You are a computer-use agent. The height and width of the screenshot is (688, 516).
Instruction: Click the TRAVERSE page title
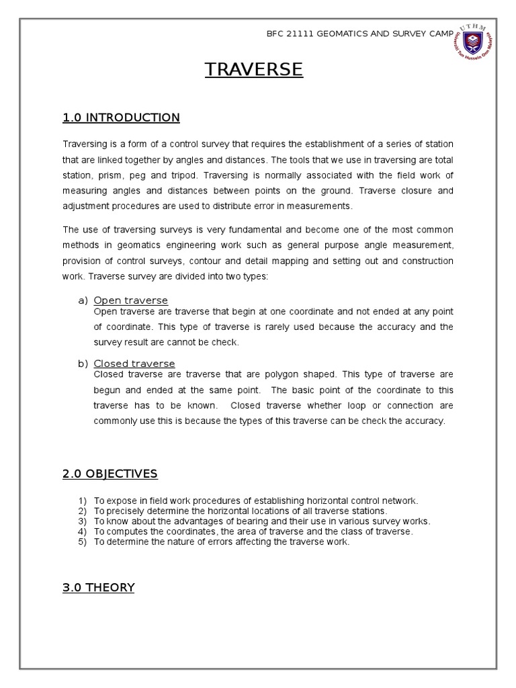coord(254,69)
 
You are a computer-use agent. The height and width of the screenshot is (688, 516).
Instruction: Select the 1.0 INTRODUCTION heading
coord(121,118)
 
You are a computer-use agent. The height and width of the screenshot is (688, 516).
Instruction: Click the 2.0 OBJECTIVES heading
coord(110,474)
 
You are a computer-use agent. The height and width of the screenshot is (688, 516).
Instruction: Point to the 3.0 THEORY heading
coord(98,588)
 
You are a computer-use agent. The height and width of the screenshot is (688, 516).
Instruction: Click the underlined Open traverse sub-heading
coord(130,300)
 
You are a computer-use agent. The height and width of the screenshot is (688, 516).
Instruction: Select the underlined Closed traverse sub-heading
coord(134,364)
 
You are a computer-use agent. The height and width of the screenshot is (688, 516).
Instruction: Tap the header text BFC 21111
coord(291,34)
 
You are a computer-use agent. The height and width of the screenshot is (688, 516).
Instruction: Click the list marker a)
coord(83,300)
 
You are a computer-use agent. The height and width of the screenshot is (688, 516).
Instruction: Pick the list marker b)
coord(83,364)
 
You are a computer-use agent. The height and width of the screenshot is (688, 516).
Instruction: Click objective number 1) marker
coord(83,501)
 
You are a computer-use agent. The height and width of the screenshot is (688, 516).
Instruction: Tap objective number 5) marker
coord(83,542)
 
